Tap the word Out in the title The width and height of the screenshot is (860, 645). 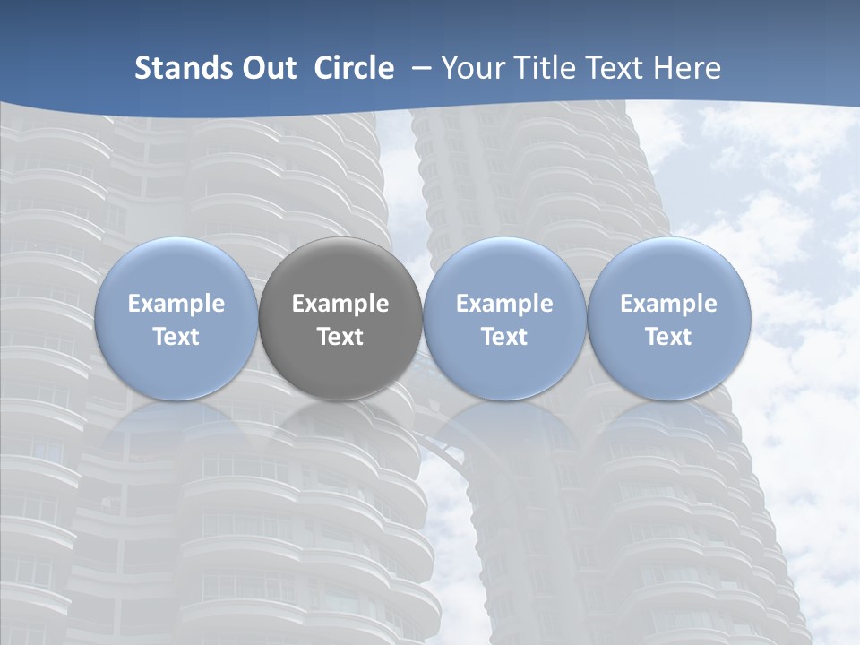point(266,68)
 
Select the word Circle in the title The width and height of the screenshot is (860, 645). point(354,68)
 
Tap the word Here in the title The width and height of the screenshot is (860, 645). point(687,68)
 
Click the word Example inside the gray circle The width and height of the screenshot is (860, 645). point(340,304)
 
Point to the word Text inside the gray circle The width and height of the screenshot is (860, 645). point(340,337)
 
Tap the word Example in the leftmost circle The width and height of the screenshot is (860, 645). point(176,304)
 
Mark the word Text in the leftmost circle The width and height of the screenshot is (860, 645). point(176,337)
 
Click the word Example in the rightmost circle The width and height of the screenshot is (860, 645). point(668,304)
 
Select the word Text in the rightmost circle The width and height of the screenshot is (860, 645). point(668,337)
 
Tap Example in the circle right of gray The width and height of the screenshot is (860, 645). point(504,304)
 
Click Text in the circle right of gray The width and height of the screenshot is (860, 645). point(504,337)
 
